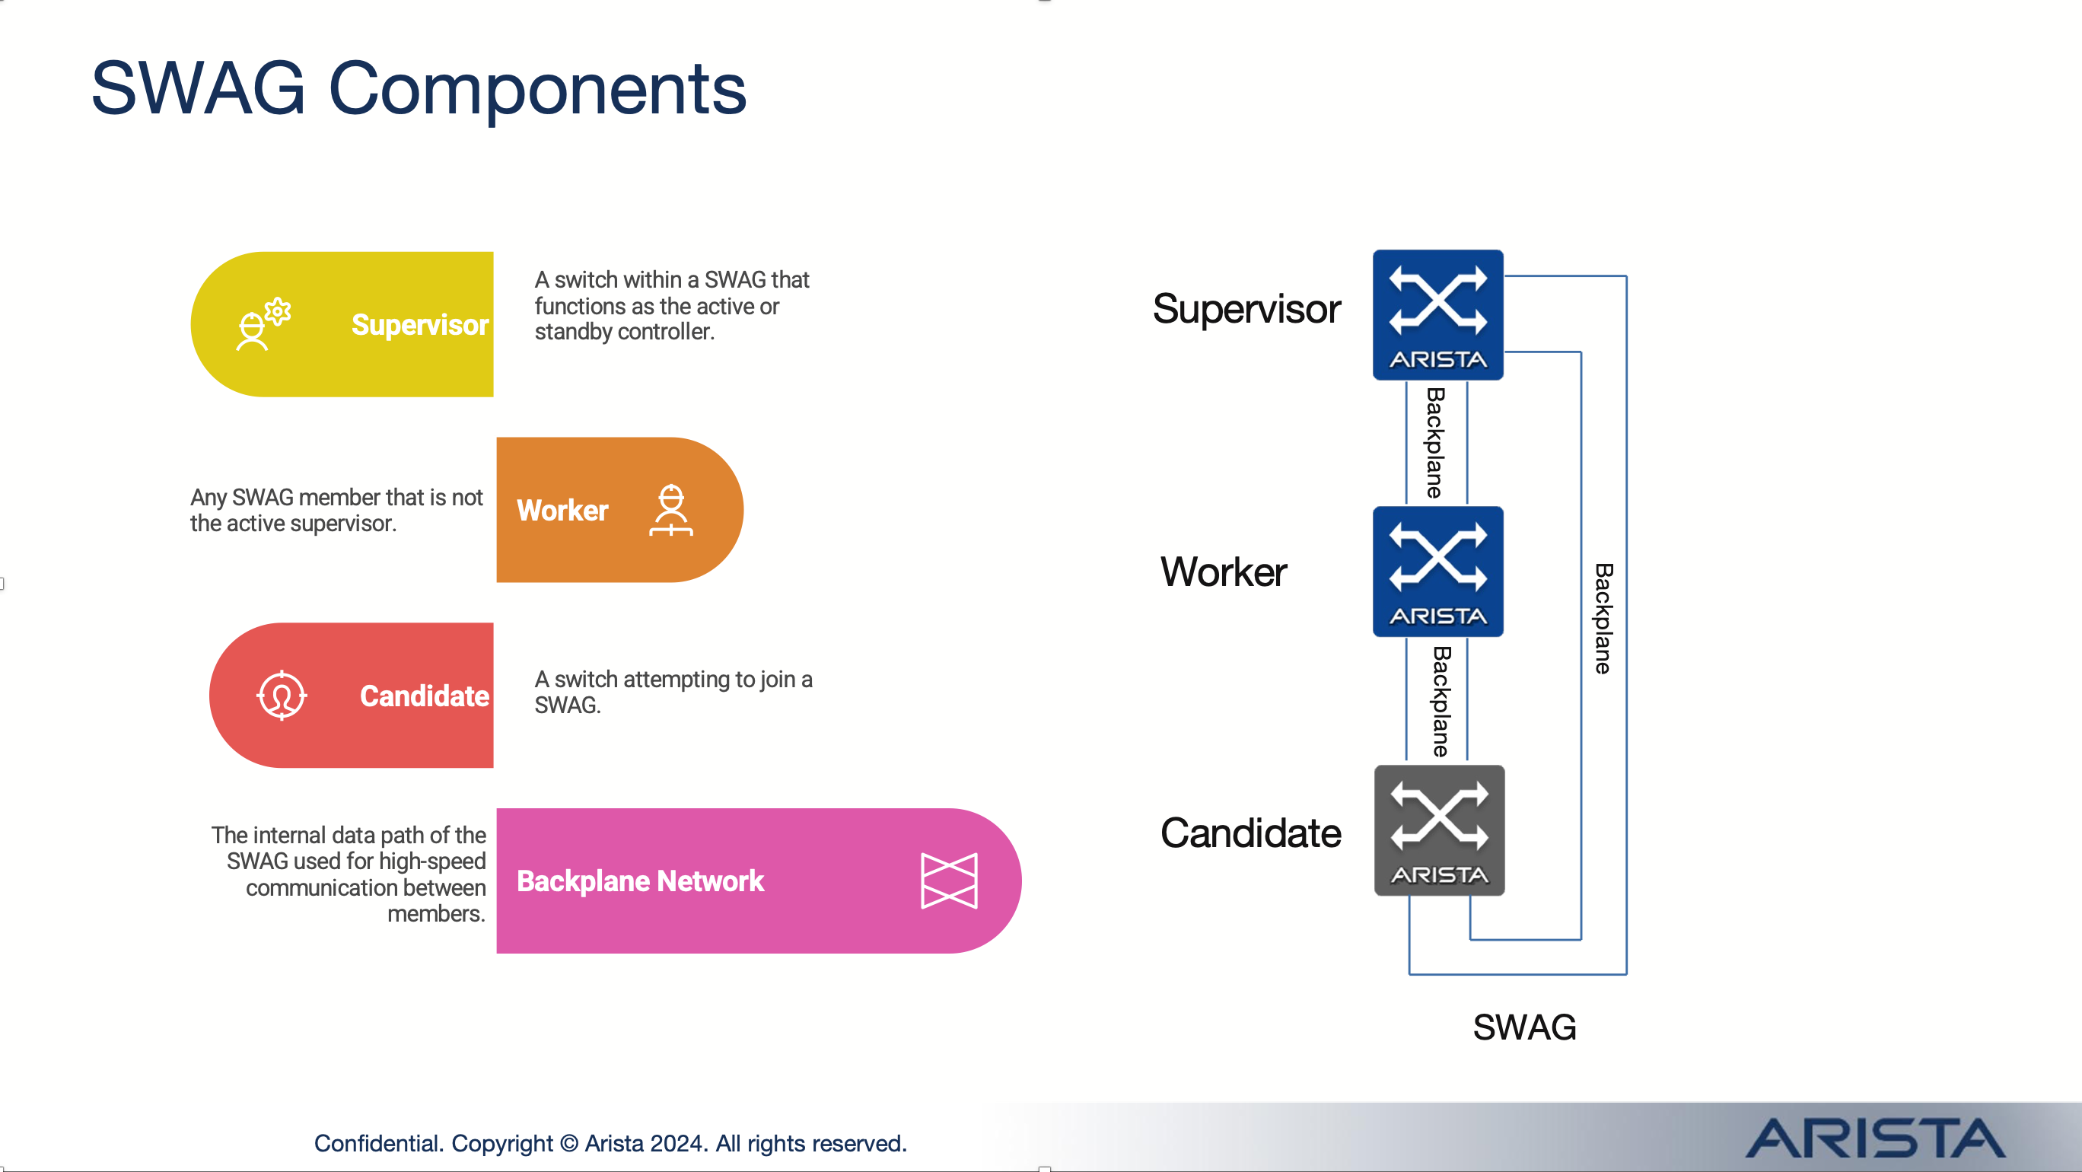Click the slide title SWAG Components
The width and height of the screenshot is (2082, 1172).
[419, 89]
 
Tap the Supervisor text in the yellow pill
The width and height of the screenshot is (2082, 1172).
[420, 325]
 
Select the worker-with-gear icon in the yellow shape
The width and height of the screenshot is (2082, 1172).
[263, 323]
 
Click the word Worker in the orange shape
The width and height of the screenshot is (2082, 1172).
[562, 511]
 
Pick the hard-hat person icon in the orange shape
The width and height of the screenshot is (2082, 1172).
[671, 510]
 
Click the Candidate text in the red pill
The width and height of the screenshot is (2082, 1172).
[425, 696]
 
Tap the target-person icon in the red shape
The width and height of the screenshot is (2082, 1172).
[282, 695]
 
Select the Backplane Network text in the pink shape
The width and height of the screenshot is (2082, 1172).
[640, 881]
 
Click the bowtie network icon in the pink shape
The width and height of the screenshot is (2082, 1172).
[949, 881]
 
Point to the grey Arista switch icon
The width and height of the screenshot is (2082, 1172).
[1440, 830]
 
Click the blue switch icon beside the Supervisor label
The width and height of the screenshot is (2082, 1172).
[1437, 314]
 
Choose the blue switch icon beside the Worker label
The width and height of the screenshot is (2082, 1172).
[1437, 572]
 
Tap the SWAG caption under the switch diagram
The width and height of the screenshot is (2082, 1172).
[1524, 1027]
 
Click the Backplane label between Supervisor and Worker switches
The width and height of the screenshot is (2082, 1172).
[1435, 443]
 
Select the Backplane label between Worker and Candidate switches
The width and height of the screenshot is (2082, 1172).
[1441, 701]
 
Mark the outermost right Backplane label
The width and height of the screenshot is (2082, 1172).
[1603, 618]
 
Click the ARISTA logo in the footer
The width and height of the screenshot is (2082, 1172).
[1875, 1138]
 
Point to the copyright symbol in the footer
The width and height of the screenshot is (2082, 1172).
[569, 1144]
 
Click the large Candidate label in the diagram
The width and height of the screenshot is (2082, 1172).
[1250, 833]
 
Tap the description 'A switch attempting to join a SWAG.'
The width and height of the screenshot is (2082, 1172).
[673, 692]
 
